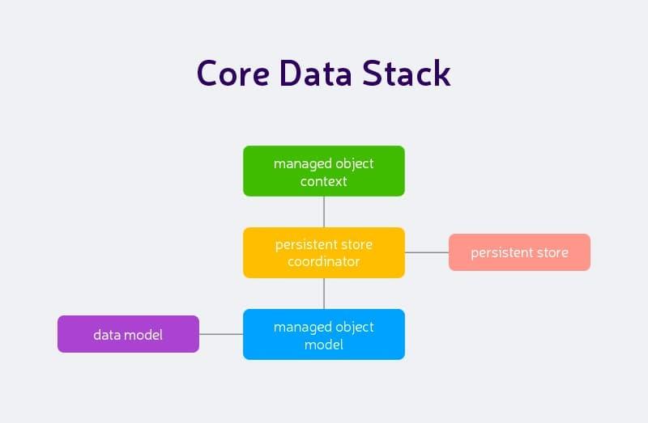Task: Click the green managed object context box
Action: pos(324,171)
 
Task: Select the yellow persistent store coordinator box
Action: pos(324,252)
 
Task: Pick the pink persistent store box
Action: pos(519,252)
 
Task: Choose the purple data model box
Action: pos(128,334)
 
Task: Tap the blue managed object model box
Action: pos(324,335)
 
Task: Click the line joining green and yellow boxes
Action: pos(324,212)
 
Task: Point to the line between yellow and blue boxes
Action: pos(324,294)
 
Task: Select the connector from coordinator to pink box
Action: pos(427,252)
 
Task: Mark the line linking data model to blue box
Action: pos(221,334)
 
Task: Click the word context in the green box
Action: pos(324,181)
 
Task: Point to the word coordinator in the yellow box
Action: pos(324,262)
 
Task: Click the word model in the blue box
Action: pos(324,345)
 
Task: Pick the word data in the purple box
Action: pos(106,334)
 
